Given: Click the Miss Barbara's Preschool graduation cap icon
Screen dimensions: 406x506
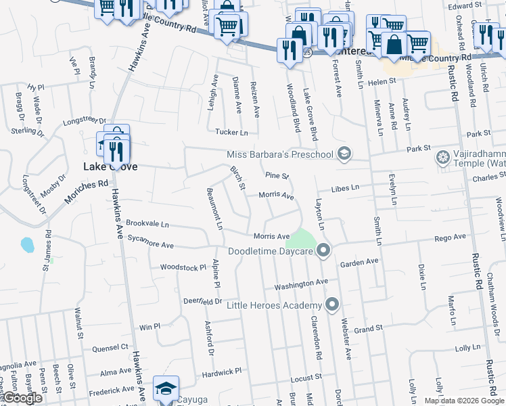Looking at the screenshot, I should click(344, 154).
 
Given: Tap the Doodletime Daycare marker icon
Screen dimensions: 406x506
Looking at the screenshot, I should click(323, 251).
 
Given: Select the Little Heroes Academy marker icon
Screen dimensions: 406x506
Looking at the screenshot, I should click(331, 305).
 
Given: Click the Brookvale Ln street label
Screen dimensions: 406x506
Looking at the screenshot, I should click(147, 223).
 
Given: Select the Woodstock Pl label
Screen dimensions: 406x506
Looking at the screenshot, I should click(183, 267).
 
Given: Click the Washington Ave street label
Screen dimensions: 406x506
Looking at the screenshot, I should click(301, 283).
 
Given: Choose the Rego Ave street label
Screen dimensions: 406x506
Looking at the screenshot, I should click(451, 238).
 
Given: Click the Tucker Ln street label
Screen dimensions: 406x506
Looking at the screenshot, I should click(231, 133).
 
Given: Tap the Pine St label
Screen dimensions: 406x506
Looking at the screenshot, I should click(277, 175).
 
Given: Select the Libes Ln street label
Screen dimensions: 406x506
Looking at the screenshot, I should click(344, 189).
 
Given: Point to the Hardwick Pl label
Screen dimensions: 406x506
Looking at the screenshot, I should click(219, 372).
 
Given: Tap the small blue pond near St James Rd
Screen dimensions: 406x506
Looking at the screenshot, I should click(27, 244).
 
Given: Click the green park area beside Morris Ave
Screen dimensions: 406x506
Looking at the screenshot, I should click(301, 239).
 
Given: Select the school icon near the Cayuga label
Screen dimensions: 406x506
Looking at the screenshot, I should click(166, 389).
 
